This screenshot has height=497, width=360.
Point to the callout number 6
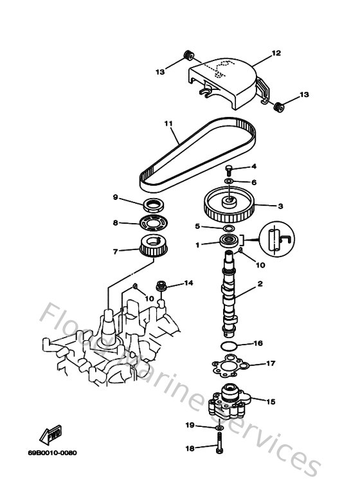tap(254, 182)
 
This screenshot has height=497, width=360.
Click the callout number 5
tap(197, 226)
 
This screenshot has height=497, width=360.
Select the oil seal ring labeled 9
tap(153, 205)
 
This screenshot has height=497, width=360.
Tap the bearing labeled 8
tap(152, 224)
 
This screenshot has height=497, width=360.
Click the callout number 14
tap(189, 282)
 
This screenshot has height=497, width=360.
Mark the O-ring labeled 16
tap(228, 348)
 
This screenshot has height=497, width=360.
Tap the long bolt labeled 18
tap(220, 448)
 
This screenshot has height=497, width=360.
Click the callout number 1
tap(198, 245)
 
